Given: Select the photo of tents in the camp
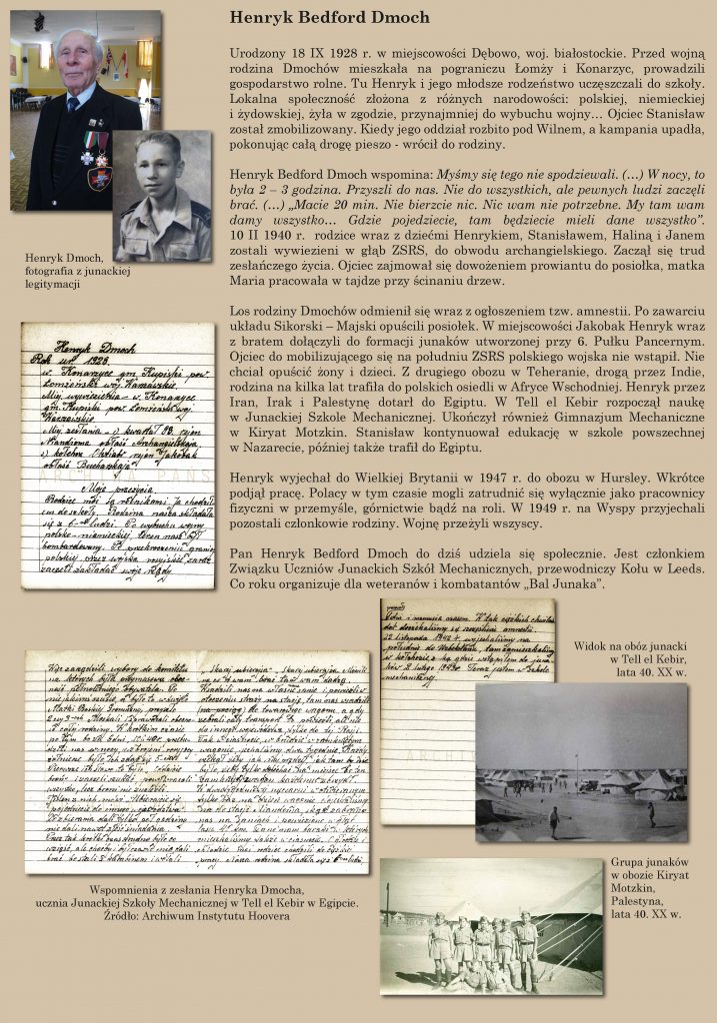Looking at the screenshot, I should pyautogui.click(x=580, y=761).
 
